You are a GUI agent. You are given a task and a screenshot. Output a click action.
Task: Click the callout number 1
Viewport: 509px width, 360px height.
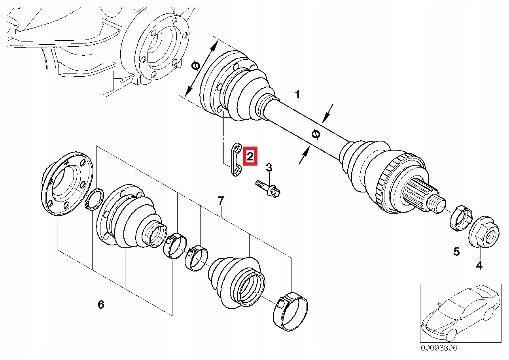[x=297, y=95]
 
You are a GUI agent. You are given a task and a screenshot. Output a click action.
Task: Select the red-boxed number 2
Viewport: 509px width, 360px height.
[x=250, y=156]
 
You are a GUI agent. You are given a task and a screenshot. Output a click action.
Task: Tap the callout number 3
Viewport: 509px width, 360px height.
[x=269, y=168]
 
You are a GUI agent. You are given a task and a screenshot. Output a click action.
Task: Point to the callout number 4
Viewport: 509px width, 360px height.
[x=479, y=266]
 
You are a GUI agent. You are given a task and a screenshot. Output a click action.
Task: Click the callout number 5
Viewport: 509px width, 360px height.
[x=456, y=251]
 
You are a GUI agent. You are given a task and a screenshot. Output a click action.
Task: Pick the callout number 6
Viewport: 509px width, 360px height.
[x=100, y=304]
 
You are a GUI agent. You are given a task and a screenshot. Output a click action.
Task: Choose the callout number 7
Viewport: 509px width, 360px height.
[x=221, y=201]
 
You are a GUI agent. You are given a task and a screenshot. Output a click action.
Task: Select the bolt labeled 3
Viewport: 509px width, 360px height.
[x=269, y=189]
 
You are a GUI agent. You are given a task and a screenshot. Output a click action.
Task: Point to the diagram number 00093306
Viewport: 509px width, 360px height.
[x=439, y=348]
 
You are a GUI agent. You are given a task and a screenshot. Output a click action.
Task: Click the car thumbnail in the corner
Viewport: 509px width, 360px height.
[x=458, y=313]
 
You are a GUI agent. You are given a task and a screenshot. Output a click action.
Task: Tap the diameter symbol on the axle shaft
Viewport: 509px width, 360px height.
[x=316, y=134]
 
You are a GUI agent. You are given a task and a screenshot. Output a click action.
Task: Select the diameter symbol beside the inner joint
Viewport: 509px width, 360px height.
[x=195, y=66]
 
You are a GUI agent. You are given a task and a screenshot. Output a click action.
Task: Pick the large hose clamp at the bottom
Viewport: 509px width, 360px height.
[x=292, y=311]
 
